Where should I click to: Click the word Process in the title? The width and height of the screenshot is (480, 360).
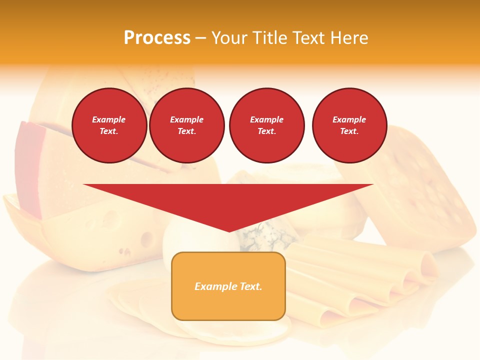point(157,38)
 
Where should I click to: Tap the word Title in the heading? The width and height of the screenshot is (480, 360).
point(271,38)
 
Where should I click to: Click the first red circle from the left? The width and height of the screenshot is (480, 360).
point(109,125)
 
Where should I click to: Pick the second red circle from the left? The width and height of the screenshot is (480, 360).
point(186,125)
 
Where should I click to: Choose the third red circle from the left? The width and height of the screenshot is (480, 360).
point(266,125)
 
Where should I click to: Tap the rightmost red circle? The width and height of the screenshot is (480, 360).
point(349,125)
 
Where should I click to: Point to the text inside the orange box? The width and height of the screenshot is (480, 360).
point(228,286)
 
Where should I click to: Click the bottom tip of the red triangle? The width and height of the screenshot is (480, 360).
point(229,230)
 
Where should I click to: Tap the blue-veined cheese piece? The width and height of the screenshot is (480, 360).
point(265,235)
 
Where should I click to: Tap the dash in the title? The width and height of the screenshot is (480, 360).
point(200,38)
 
